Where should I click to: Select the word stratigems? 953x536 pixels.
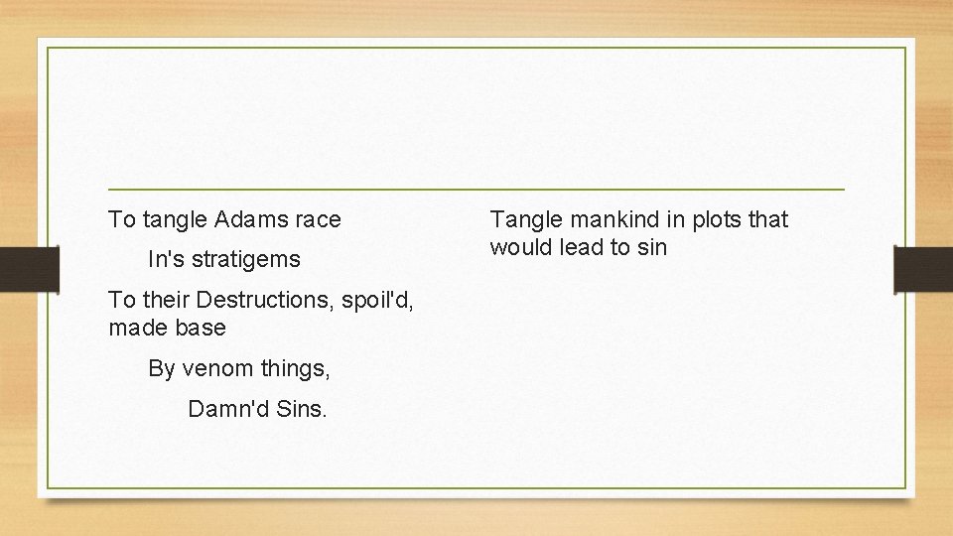245,260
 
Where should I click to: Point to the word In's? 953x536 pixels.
166,260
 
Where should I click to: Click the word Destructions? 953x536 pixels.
265,300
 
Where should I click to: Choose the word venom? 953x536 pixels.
216,369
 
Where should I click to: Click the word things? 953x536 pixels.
295,369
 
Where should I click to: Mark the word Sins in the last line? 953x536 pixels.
301,409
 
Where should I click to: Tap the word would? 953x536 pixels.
520,247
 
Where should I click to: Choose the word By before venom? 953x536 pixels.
162,369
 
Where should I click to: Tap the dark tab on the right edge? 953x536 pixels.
923,269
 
